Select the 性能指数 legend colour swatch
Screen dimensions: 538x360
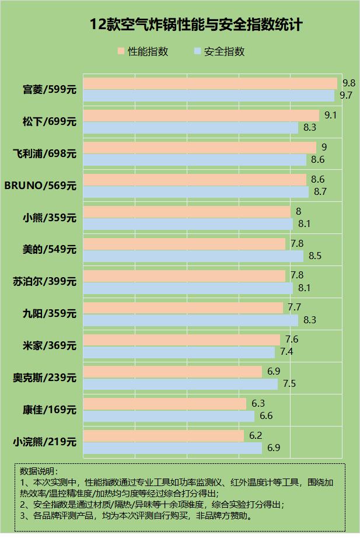[121, 51]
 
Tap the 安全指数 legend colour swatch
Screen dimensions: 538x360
[197, 51]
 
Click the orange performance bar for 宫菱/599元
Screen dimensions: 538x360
[210, 83]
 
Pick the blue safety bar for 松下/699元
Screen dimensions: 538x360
[191, 127]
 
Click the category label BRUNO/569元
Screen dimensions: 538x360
[40, 186]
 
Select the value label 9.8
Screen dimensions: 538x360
[349, 83]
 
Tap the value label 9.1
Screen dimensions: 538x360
[330, 115]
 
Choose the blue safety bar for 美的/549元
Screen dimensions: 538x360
[193, 256]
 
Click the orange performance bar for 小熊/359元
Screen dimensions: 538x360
[187, 211]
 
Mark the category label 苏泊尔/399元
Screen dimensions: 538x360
[45, 282]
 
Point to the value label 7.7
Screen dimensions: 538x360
[294, 307]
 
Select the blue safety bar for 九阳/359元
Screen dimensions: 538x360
[191, 320]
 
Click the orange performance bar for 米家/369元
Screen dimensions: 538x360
[181, 340]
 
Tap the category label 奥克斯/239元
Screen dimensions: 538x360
[45, 378]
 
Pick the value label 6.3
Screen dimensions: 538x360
[258, 403]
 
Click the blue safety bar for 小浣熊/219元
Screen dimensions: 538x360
[173, 448]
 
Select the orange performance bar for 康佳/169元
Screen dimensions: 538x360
[165, 404]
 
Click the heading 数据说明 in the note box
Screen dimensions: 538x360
[40, 470]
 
